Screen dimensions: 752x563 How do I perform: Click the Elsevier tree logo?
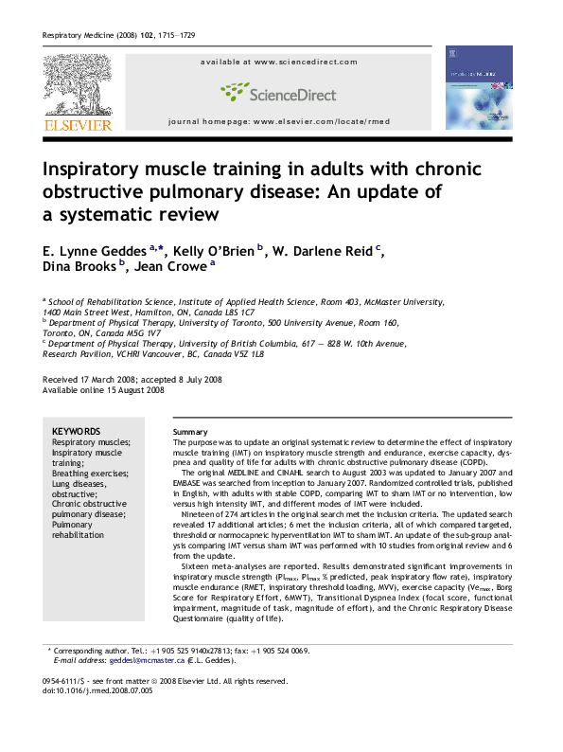pyautogui.click(x=77, y=85)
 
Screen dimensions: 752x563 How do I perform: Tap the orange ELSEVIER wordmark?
pyautogui.click(x=77, y=124)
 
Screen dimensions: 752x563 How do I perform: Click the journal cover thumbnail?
pyautogui.click(x=479, y=88)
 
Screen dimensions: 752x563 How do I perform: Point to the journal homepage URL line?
pyautogui.click(x=278, y=123)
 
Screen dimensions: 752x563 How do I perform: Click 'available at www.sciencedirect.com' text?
pyautogui.click(x=278, y=62)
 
